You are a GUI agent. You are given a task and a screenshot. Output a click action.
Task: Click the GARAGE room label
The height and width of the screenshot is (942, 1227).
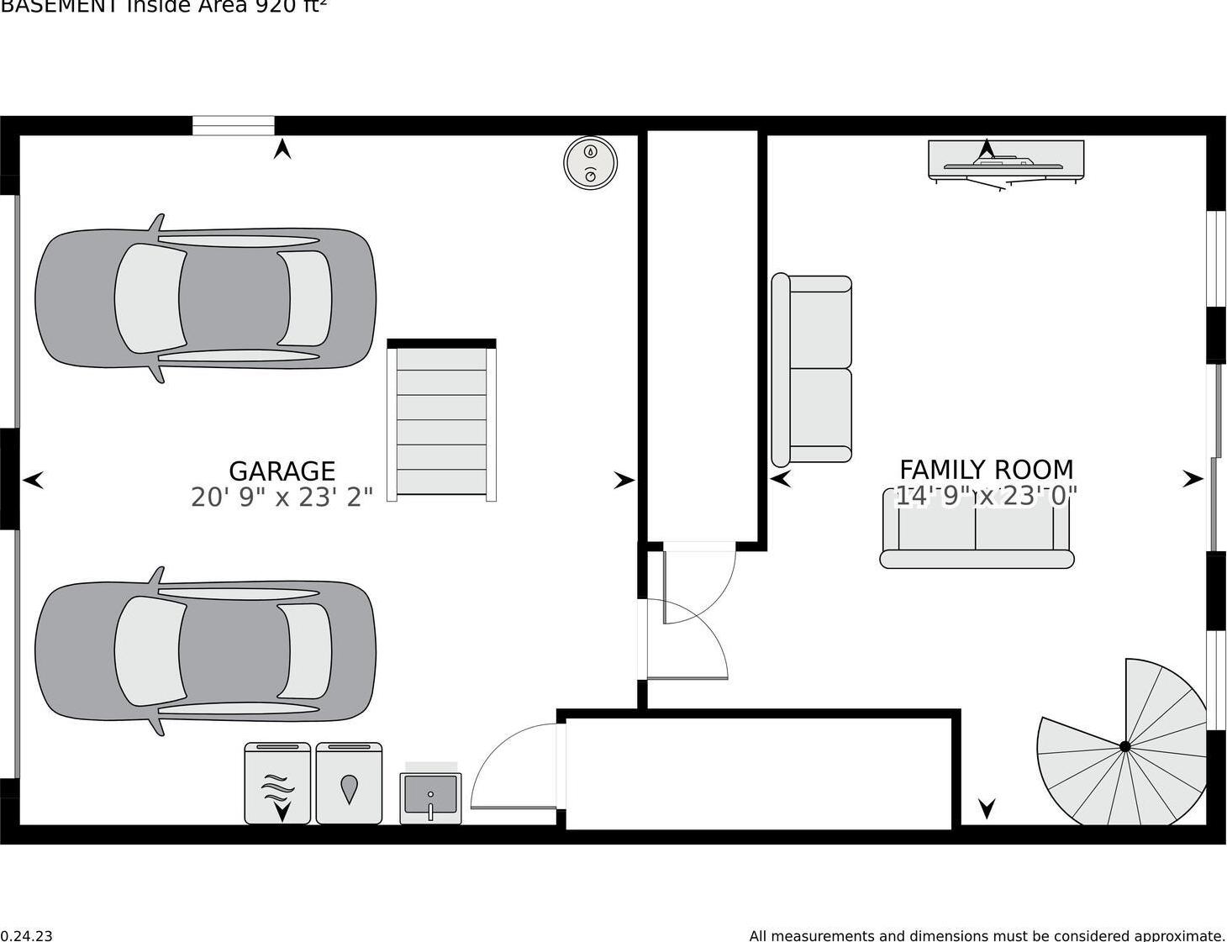pyautogui.click(x=282, y=471)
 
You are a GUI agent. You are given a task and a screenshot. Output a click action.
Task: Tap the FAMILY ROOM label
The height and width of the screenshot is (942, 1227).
pyautogui.click(x=986, y=469)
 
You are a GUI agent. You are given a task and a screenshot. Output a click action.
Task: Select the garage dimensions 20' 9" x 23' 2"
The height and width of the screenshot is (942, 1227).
pyautogui.click(x=282, y=497)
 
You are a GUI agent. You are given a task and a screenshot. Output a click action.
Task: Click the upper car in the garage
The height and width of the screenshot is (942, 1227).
pyautogui.click(x=205, y=298)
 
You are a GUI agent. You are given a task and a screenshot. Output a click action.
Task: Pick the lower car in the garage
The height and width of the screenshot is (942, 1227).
pyautogui.click(x=205, y=651)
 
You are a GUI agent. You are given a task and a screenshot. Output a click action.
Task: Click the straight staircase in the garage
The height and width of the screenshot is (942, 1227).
pyautogui.click(x=441, y=420)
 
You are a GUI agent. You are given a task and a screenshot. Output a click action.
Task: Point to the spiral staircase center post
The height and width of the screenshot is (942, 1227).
pyautogui.click(x=1124, y=746)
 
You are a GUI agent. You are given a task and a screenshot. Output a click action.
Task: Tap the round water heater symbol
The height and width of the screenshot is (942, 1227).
pyautogui.click(x=590, y=162)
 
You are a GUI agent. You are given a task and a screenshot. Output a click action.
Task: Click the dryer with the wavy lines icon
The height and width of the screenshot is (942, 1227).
pyautogui.click(x=277, y=783)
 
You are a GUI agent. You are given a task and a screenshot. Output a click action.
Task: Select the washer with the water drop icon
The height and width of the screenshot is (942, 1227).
pyautogui.click(x=349, y=783)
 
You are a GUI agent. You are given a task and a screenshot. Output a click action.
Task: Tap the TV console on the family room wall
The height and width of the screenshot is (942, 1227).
pyautogui.click(x=1006, y=160)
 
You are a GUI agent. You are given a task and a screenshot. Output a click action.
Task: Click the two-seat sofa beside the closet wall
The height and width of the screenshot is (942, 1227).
pyautogui.click(x=812, y=369)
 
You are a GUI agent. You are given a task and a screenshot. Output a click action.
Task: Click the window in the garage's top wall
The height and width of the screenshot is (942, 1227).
pyautogui.click(x=234, y=125)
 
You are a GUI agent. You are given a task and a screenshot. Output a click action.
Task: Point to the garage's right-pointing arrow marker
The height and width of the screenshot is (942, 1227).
pyautogui.click(x=624, y=480)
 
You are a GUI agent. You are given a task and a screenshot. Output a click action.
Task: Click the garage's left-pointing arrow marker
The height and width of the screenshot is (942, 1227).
pyautogui.click(x=33, y=480)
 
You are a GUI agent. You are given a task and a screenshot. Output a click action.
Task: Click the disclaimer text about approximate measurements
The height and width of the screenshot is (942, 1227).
pyautogui.click(x=987, y=935)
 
